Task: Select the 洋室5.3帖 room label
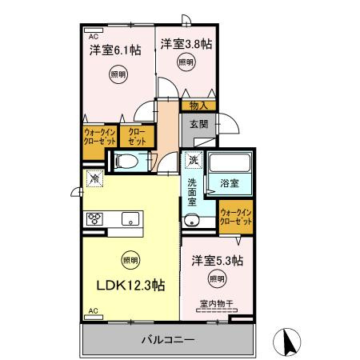tap(217, 261)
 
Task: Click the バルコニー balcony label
tap(170, 340)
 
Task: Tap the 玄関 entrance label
tap(199, 124)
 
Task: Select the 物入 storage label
tap(198, 105)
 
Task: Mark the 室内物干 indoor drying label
tap(216, 304)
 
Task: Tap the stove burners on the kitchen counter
tap(95, 218)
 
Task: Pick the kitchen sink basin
tap(130, 218)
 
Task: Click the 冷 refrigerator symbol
tap(94, 180)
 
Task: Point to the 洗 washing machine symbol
tap(193, 160)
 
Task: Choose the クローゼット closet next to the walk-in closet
tap(138, 136)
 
